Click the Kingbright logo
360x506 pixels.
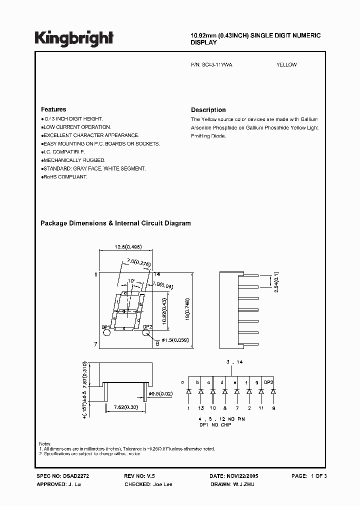[x=74, y=37]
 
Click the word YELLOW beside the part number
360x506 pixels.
[x=286, y=65]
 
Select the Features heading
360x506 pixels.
[x=53, y=109]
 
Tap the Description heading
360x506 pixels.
[x=208, y=110]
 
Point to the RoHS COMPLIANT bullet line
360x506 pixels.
[x=65, y=177]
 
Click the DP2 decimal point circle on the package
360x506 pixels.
[x=148, y=336]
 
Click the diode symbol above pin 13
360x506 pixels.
[x=200, y=391]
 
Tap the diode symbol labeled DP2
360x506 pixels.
[x=273, y=391]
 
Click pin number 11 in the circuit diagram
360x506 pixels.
[x=261, y=408]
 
